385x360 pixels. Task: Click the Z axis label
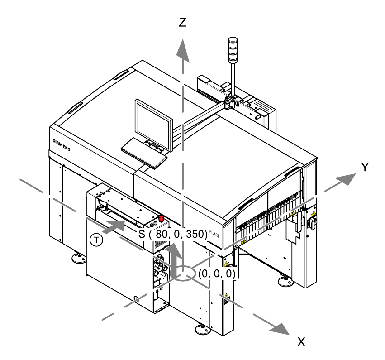182,23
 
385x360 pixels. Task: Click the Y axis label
366,167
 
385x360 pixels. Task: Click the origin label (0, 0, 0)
217,274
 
